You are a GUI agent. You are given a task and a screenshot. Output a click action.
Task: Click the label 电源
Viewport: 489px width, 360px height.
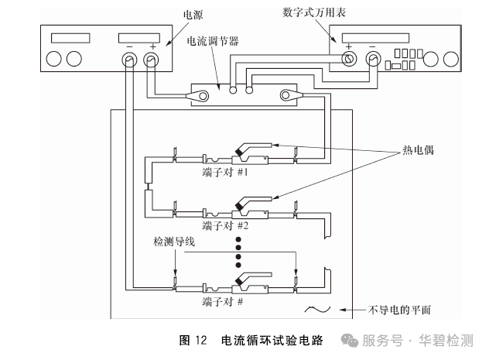(x=193, y=15)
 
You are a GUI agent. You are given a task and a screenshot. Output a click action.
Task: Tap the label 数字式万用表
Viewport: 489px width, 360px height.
(x=313, y=12)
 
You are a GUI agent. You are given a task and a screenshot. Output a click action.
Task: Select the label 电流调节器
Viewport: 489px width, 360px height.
(x=213, y=41)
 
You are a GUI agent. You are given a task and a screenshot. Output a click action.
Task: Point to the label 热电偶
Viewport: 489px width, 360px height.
(x=418, y=150)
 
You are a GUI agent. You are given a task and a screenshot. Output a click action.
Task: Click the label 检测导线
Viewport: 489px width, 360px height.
(x=174, y=242)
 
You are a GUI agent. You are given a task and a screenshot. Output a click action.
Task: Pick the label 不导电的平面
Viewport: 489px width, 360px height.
(x=399, y=310)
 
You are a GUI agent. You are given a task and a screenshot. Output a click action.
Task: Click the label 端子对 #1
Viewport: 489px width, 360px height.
(x=225, y=172)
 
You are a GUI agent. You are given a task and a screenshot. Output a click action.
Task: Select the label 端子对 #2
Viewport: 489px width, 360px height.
(x=225, y=225)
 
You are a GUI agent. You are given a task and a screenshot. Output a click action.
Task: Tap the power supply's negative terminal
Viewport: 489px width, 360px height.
(x=129, y=60)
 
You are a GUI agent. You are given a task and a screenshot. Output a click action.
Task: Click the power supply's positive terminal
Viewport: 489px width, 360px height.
(x=151, y=60)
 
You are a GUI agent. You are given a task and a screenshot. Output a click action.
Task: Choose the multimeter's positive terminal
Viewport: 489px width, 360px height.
(x=349, y=59)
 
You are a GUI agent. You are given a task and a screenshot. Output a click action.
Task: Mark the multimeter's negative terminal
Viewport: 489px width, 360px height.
(x=373, y=59)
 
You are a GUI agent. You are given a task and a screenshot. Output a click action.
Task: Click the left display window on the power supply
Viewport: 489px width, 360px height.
(x=70, y=38)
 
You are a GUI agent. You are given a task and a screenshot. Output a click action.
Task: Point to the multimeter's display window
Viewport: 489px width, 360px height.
(x=375, y=38)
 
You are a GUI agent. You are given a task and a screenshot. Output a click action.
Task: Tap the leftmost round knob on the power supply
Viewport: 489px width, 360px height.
(x=53, y=59)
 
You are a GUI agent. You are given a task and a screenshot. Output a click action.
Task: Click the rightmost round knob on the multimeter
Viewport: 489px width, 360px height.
(x=451, y=59)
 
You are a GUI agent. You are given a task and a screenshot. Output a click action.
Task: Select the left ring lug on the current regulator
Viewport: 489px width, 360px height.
(x=198, y=95)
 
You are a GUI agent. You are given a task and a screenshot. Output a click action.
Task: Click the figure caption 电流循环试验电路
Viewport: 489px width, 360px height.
(x=272, y=341)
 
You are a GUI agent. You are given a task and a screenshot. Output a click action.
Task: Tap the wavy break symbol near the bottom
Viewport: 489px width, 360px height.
(x=317, y=310)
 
